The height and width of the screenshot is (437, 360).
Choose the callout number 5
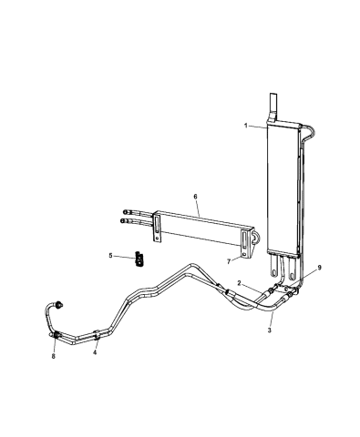[112, 256]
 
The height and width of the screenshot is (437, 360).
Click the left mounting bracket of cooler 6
[159, 228]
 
